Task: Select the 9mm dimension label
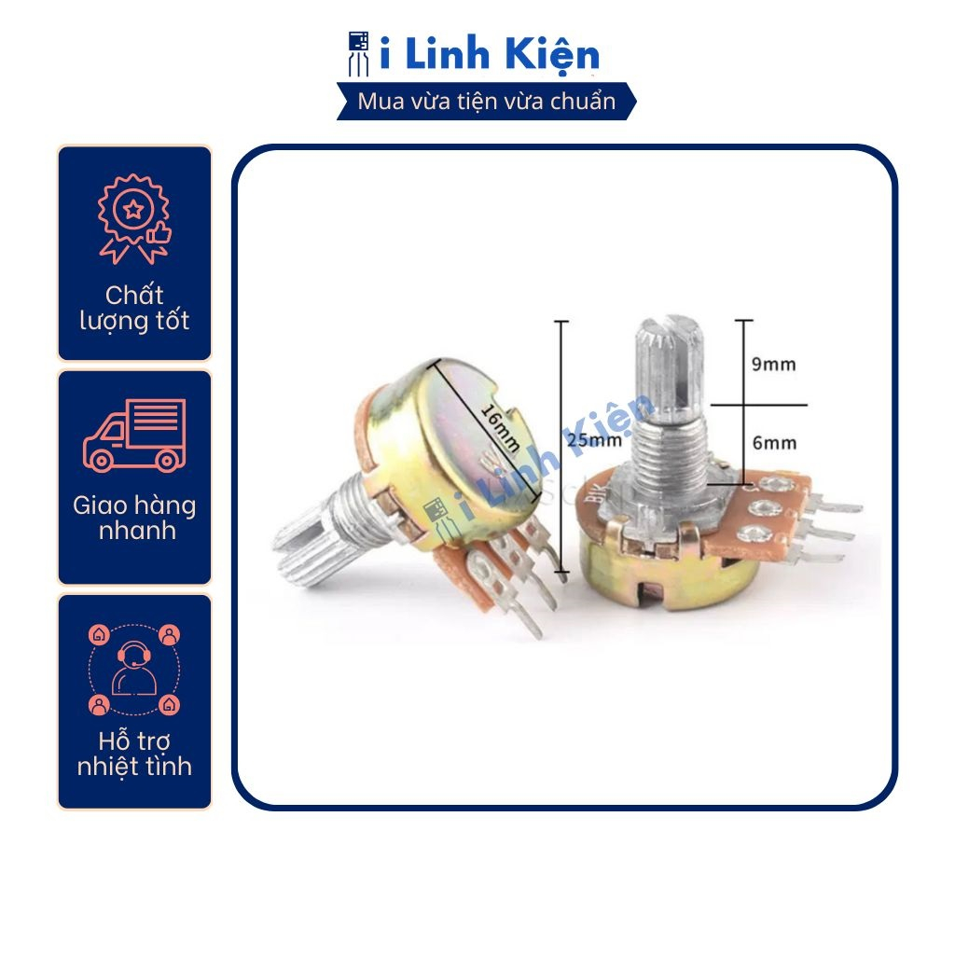pos(774,364)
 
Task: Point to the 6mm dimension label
pos(774,443)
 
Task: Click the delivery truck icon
pos(134,434)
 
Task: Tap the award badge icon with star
pos(134,217)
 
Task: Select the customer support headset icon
pos(134,664)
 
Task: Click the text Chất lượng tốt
pos(134,309)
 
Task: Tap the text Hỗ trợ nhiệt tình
pos(134,754)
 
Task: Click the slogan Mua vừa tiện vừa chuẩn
pos(487,102)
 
